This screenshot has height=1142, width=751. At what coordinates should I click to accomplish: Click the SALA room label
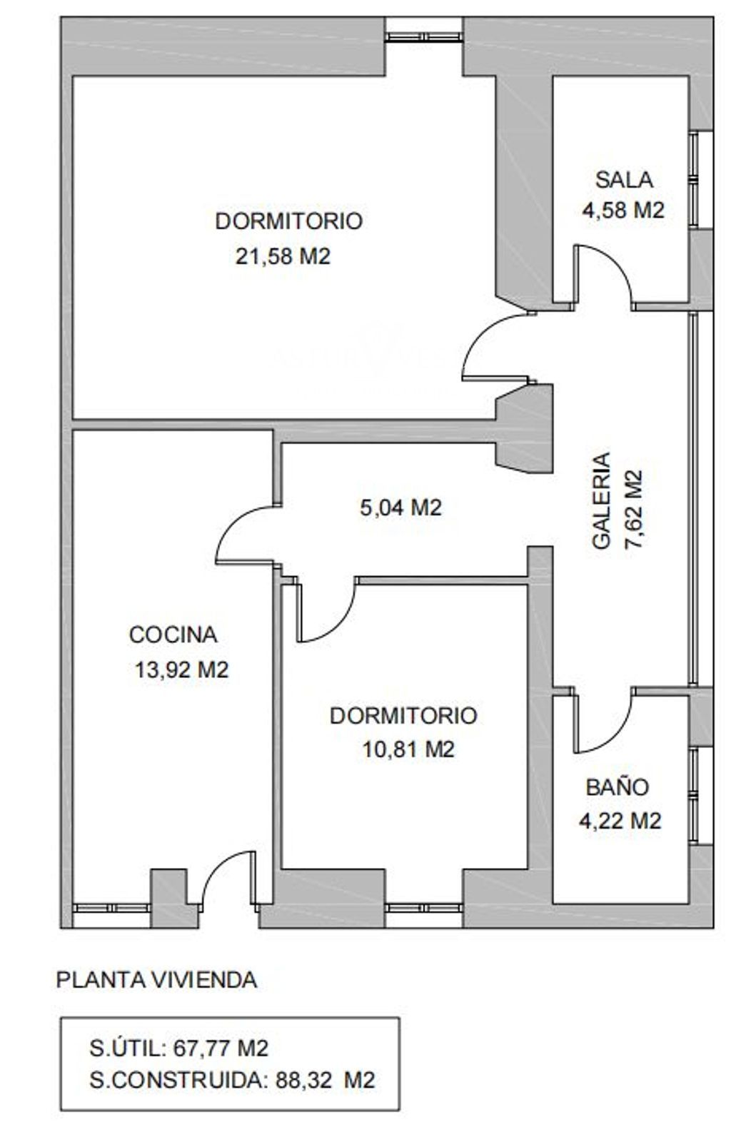click(624, 180)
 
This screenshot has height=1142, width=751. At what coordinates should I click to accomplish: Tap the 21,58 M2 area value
click(283, 256)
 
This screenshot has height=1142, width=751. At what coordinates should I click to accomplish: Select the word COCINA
click(173, 635)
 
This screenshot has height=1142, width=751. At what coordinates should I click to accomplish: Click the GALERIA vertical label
click(602, 500)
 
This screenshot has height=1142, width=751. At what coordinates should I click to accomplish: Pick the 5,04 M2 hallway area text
click(400, 507)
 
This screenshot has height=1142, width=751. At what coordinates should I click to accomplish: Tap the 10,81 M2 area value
click(408, 749)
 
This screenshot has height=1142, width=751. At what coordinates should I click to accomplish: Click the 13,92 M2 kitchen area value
click(181, 670)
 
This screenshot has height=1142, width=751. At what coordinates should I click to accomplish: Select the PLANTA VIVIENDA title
click(156, 981)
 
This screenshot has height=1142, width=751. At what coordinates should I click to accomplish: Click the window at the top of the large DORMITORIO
click(423, 36)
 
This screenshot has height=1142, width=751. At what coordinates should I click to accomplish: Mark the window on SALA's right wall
click(693, 179)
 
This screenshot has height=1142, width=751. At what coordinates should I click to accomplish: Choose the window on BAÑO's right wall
click(693, 796)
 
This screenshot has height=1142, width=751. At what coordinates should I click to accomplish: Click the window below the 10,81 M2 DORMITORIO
click(423, 907)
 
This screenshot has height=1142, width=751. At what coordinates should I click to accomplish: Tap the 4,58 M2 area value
click(623, 210)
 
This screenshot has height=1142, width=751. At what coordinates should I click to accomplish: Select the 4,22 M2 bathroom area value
click(620, 820)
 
